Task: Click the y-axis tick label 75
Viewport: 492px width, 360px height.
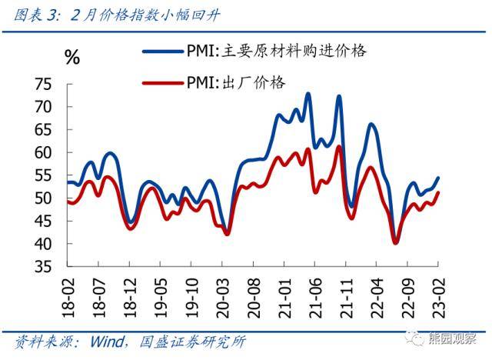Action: pyautogui.click(x=45, y=84)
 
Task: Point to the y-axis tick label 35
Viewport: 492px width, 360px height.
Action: pyautogui.click(x=45, y=267)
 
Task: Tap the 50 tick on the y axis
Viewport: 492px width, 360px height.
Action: pyautogui.click(x=45, y=198)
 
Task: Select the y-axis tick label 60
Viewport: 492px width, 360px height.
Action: pyautogui.click(x=45, y=152)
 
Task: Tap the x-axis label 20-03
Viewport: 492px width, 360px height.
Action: pyautogui.click(x=223, y=294)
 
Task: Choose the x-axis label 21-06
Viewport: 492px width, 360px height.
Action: pyautogui.click(x=315, y=294)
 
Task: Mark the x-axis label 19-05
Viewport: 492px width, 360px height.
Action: pyautogui.click(x=161, y=294)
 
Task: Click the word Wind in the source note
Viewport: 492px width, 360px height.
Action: pyautogui.click(x=111, y=341)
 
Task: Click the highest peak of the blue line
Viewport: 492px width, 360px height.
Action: pyautogui.click(x=308, y=94)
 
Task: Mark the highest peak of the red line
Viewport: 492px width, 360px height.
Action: pyautogui.click(x=339, y=146)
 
